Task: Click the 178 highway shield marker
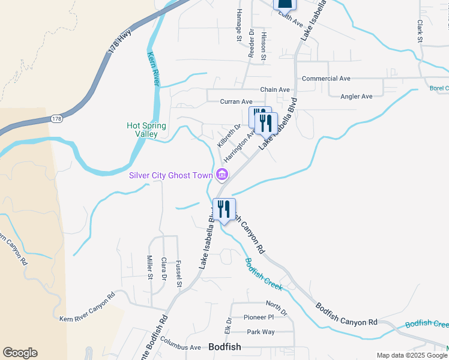[x=56, y=119]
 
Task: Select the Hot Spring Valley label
[x=146, y=130]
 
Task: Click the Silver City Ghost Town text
[x=171, y=175]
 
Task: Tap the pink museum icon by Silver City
[x=221, y=175]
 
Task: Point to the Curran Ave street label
[x=236, y=102]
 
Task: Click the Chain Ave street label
[x=276, y=90]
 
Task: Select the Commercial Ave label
[x=326, y=79]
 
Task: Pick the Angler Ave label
[x=357, y=97]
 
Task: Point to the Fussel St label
[x=179, y=273]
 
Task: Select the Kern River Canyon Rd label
[x=86, y=307]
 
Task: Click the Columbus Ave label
[x=181, y=347]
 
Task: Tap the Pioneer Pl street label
[x=258, y=317]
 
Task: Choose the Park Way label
[x=261, y=332]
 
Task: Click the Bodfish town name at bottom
[x=224, y=347]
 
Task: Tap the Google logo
[x=20, y=353]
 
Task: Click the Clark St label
[x=420, y=31]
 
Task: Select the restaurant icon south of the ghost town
[x=223, y=209]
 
